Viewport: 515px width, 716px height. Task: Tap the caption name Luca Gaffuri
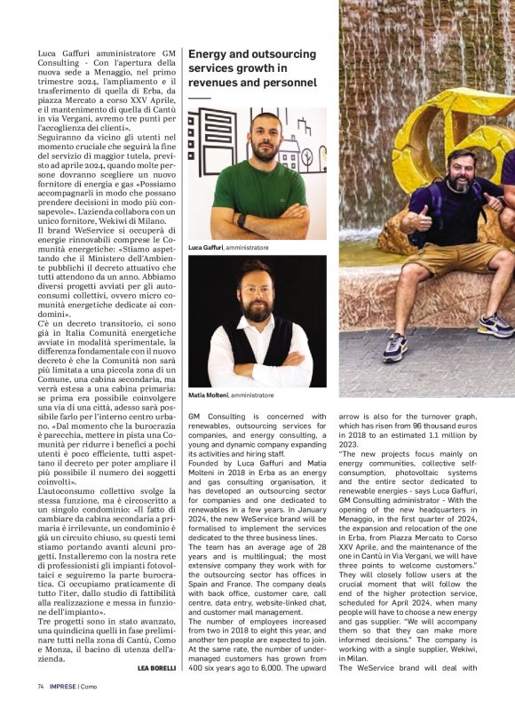(207, 247)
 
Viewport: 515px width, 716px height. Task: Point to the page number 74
(41, 710)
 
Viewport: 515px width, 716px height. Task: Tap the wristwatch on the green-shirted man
(241, 219)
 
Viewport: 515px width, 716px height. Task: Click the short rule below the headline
(200, 98)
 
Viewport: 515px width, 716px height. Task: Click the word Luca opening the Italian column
(50, 52)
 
